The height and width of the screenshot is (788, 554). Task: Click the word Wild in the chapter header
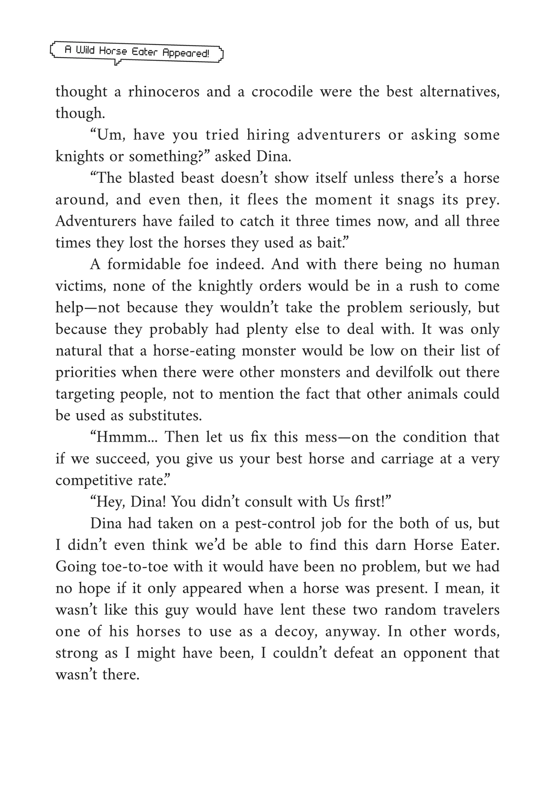pos(85,51)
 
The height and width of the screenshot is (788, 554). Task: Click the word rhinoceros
pos(164,92)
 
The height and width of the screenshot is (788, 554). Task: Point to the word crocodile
pos(282,92)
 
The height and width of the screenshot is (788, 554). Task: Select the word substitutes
pos(165,416)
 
